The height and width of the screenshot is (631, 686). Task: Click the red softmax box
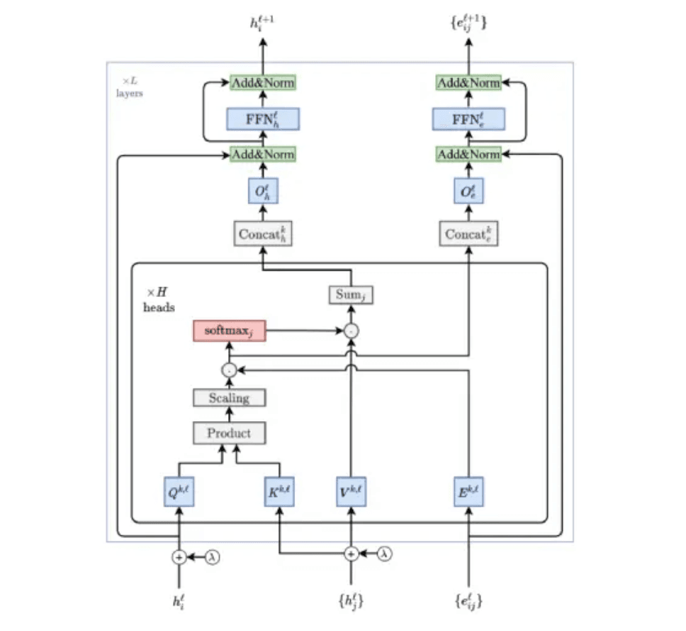[x=230, y=330]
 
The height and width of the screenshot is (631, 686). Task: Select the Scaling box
[x=230, y=398]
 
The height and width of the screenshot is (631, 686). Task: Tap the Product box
[x=230, y=432]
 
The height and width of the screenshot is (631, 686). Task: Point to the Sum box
[x=351, y=294]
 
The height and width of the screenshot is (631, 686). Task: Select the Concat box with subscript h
[x=264, y=234]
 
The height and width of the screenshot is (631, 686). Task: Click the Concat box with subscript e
[x=468, y=234]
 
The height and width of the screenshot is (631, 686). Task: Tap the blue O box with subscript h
[x=264, y=191]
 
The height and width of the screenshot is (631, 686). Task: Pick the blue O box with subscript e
[x=468, y=191]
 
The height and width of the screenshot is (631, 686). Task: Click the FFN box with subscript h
[x=264, y=118]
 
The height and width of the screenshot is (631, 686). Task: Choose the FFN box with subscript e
[x=468, y=118]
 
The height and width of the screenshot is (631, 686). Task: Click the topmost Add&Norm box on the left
[x=264, y=83]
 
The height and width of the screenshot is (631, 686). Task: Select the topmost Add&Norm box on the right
[x=468, y=83]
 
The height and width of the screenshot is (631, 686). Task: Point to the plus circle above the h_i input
[x=179, y=557]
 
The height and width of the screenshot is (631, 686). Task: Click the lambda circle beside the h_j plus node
[x=385, y=552]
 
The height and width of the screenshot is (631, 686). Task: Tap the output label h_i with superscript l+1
[x=262, y=23]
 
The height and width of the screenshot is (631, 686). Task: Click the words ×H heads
[x=159, y=300]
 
